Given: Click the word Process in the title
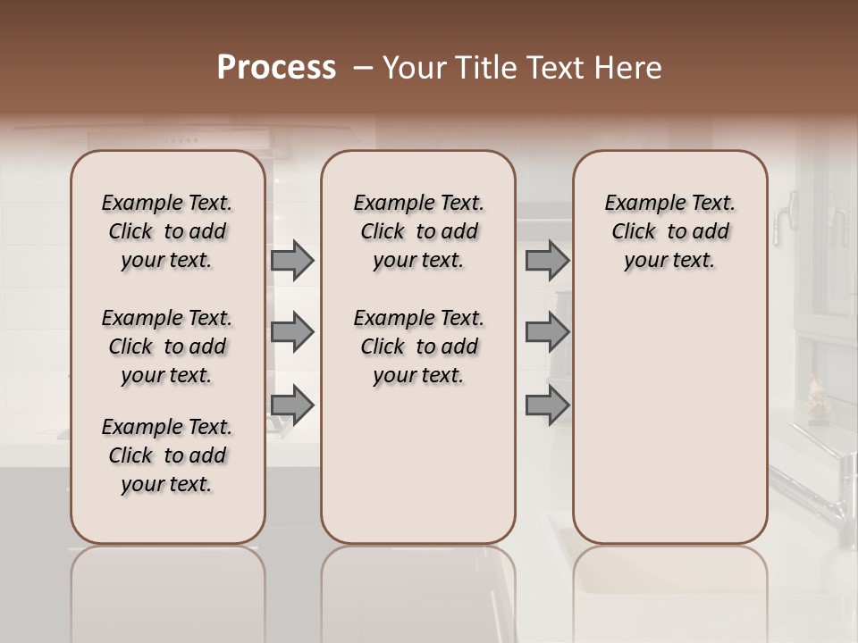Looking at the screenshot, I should (276, 68).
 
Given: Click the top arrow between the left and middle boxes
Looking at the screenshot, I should (292, 260).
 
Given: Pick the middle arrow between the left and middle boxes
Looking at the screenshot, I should (292, 332).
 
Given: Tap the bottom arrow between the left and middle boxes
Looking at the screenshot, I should (292, 405).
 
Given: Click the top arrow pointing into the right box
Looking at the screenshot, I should (547, 260).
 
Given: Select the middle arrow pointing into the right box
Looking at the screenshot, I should (547, 332).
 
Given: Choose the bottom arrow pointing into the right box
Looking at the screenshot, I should (547, 405).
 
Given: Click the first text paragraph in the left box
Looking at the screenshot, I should (167, 231).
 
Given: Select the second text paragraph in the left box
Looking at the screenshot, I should (167, 347).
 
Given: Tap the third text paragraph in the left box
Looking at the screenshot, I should (167, 455).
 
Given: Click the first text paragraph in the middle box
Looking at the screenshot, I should (418, 231).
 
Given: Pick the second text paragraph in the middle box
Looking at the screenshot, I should (418, 347).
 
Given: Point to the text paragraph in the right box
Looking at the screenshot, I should (669, 231).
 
